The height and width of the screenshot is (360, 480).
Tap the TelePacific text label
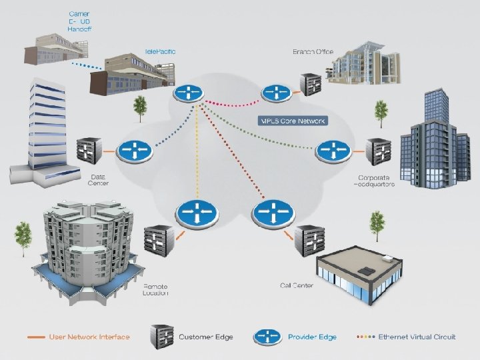coord(161,51)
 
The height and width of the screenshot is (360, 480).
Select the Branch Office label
coord(313,51)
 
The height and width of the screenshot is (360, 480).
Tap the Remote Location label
coord(155,289)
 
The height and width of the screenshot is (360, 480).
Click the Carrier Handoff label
coord(80,21)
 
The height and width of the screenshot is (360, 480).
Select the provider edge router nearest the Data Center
coord(135,150)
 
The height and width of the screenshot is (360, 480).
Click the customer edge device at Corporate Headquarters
coord(378,153)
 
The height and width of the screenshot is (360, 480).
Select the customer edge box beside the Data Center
coord(91,153)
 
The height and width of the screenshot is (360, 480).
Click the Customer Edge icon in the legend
coord(163,337)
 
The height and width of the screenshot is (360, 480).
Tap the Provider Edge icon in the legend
coord(269,337)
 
